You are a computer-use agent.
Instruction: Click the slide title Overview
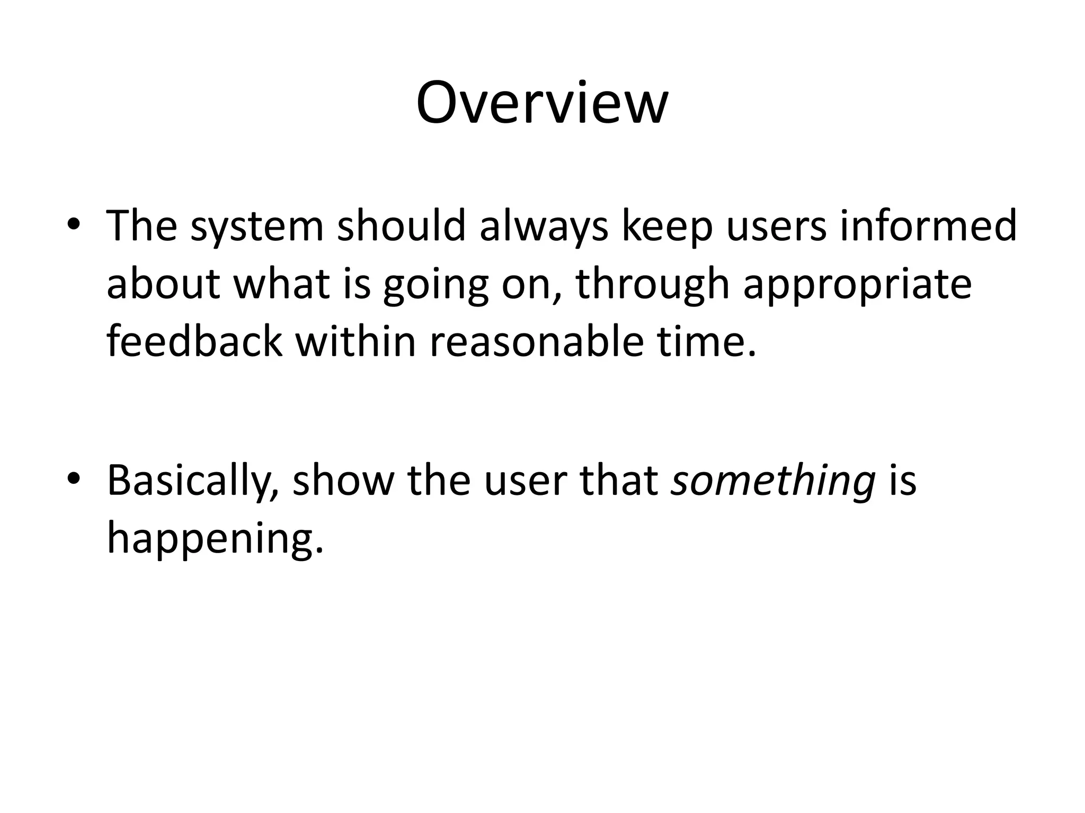(x=542, y=103)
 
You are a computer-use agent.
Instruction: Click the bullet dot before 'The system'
(x=74, y=224)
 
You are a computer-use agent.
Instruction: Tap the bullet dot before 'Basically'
(x=74, y=478)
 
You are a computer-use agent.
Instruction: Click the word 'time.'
(x=707, y=341)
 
